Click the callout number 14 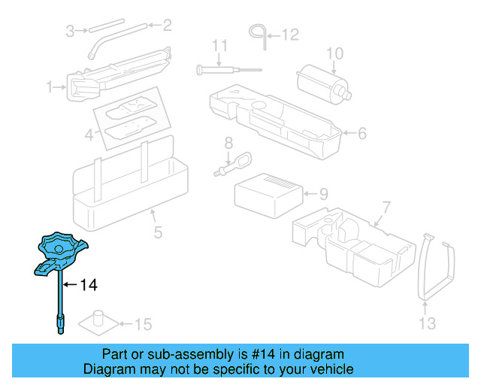[x=89, y=285]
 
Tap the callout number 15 [x=143, y=325]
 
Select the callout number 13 [x=427, y=324]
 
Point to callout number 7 [x=386, y=207]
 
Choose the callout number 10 [x=334, y=53]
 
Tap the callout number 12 [x=290, y=34]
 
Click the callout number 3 [x=70, y=31]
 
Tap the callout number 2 [x=167, y=26]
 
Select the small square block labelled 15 [x=98, y=321]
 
